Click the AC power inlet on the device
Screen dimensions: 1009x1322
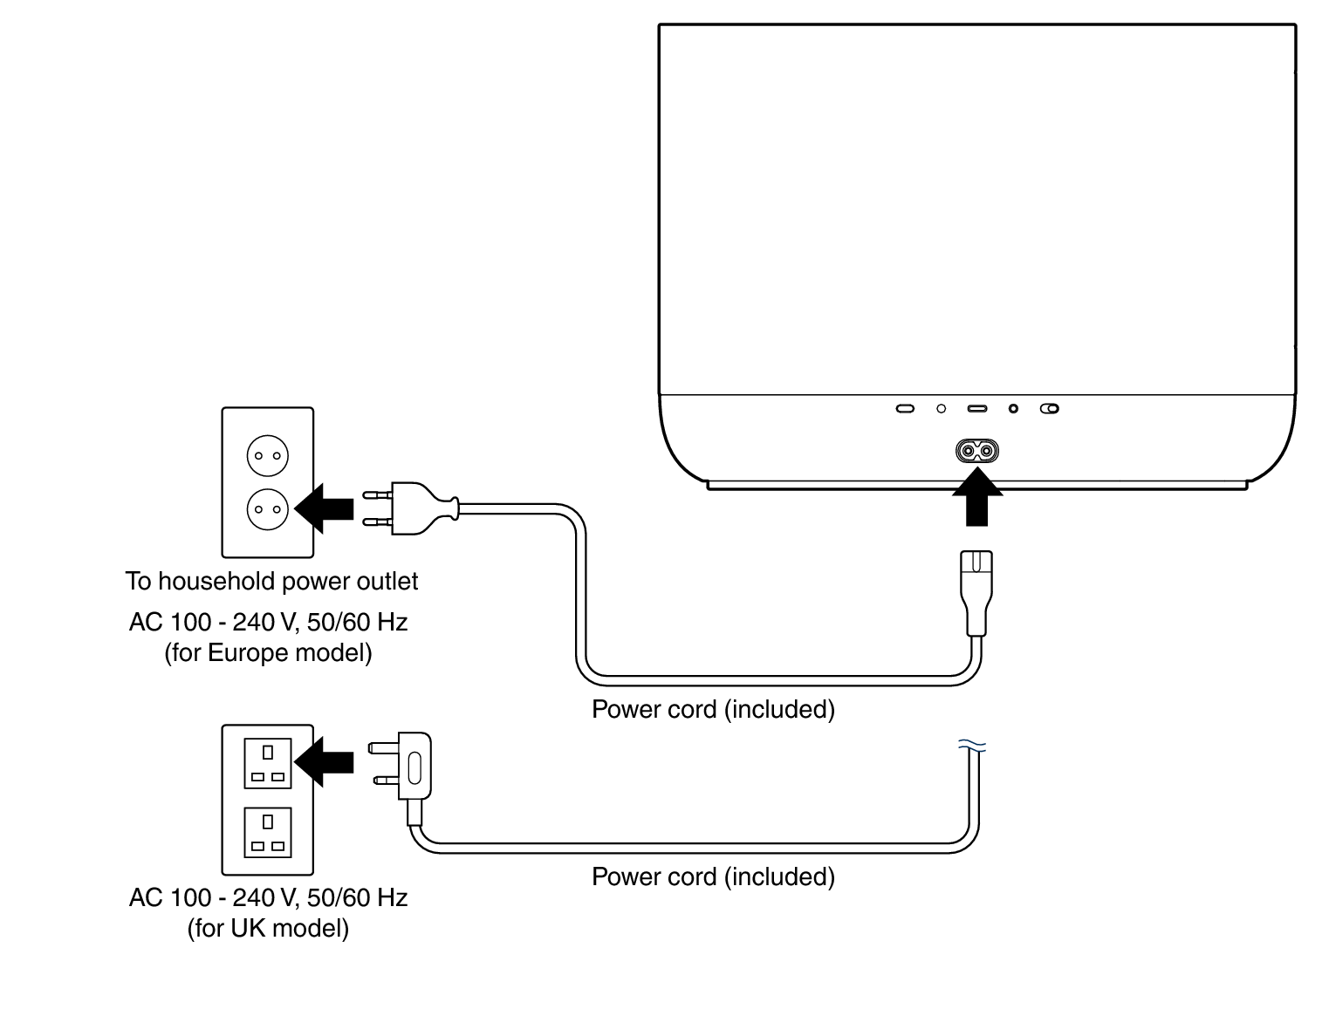976,451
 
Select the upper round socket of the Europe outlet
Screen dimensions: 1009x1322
268,455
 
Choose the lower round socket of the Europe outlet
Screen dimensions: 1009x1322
268,508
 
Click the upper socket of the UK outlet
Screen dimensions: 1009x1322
267,763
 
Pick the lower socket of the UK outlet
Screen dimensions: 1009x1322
267,833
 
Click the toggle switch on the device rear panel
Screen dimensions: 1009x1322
1050,408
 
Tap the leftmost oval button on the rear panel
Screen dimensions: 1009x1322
906,408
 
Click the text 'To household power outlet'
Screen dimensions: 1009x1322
271,582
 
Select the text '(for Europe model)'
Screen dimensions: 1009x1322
268,653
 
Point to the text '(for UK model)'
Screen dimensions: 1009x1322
268,928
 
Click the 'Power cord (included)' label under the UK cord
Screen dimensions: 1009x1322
713,876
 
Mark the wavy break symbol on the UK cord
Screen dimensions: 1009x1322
972,746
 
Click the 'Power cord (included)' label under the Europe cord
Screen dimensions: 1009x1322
713,709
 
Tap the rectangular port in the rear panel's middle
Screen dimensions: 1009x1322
976,408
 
